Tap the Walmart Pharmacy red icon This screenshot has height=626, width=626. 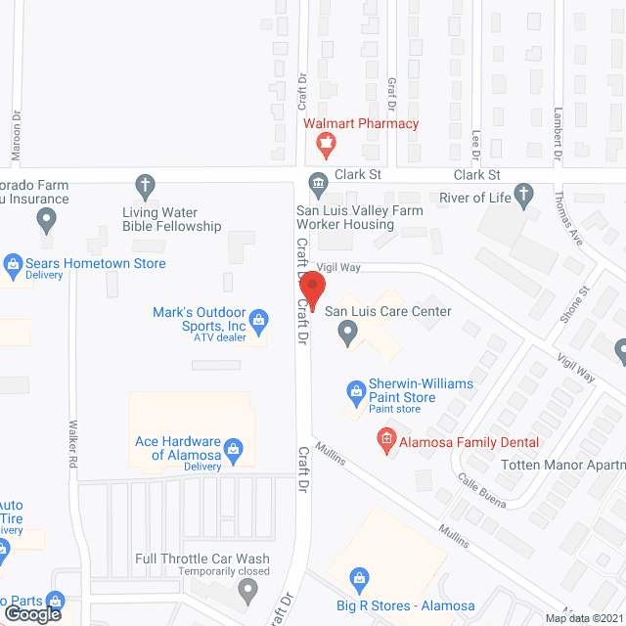[325, 147]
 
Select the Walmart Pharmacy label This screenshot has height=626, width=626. [361, 124]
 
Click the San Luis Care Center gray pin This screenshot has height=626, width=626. [346, 335]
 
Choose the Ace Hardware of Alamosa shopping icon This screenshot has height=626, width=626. [233, 450]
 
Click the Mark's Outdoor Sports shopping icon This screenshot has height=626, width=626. [258, 320]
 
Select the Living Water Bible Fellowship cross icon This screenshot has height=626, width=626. [146, 185]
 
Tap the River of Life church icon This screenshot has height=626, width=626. [524, 197]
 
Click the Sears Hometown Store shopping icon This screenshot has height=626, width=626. [13, 263]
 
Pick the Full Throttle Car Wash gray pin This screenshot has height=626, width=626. [247, 589]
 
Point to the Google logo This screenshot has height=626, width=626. [32, 613]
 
